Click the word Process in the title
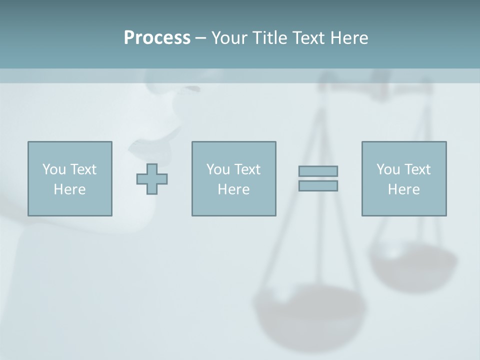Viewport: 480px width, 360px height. tap(157, 38)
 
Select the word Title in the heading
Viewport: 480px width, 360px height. tap(269, 38)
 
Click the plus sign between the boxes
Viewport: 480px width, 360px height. tap(152, 179)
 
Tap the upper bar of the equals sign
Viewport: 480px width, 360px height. tap(318, 171)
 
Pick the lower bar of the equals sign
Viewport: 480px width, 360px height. tap(318, 185)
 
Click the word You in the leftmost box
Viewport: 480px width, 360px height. tap(54, 169)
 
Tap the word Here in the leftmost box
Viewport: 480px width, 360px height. tap(69, 189)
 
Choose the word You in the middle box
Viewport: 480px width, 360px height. tap(218, 169)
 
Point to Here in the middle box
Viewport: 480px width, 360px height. tap(233, 189)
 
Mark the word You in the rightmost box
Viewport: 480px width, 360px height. tap(388, 169)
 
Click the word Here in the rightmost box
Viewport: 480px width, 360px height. tap(403, 189)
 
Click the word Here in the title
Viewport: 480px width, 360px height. tap(348, 38)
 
